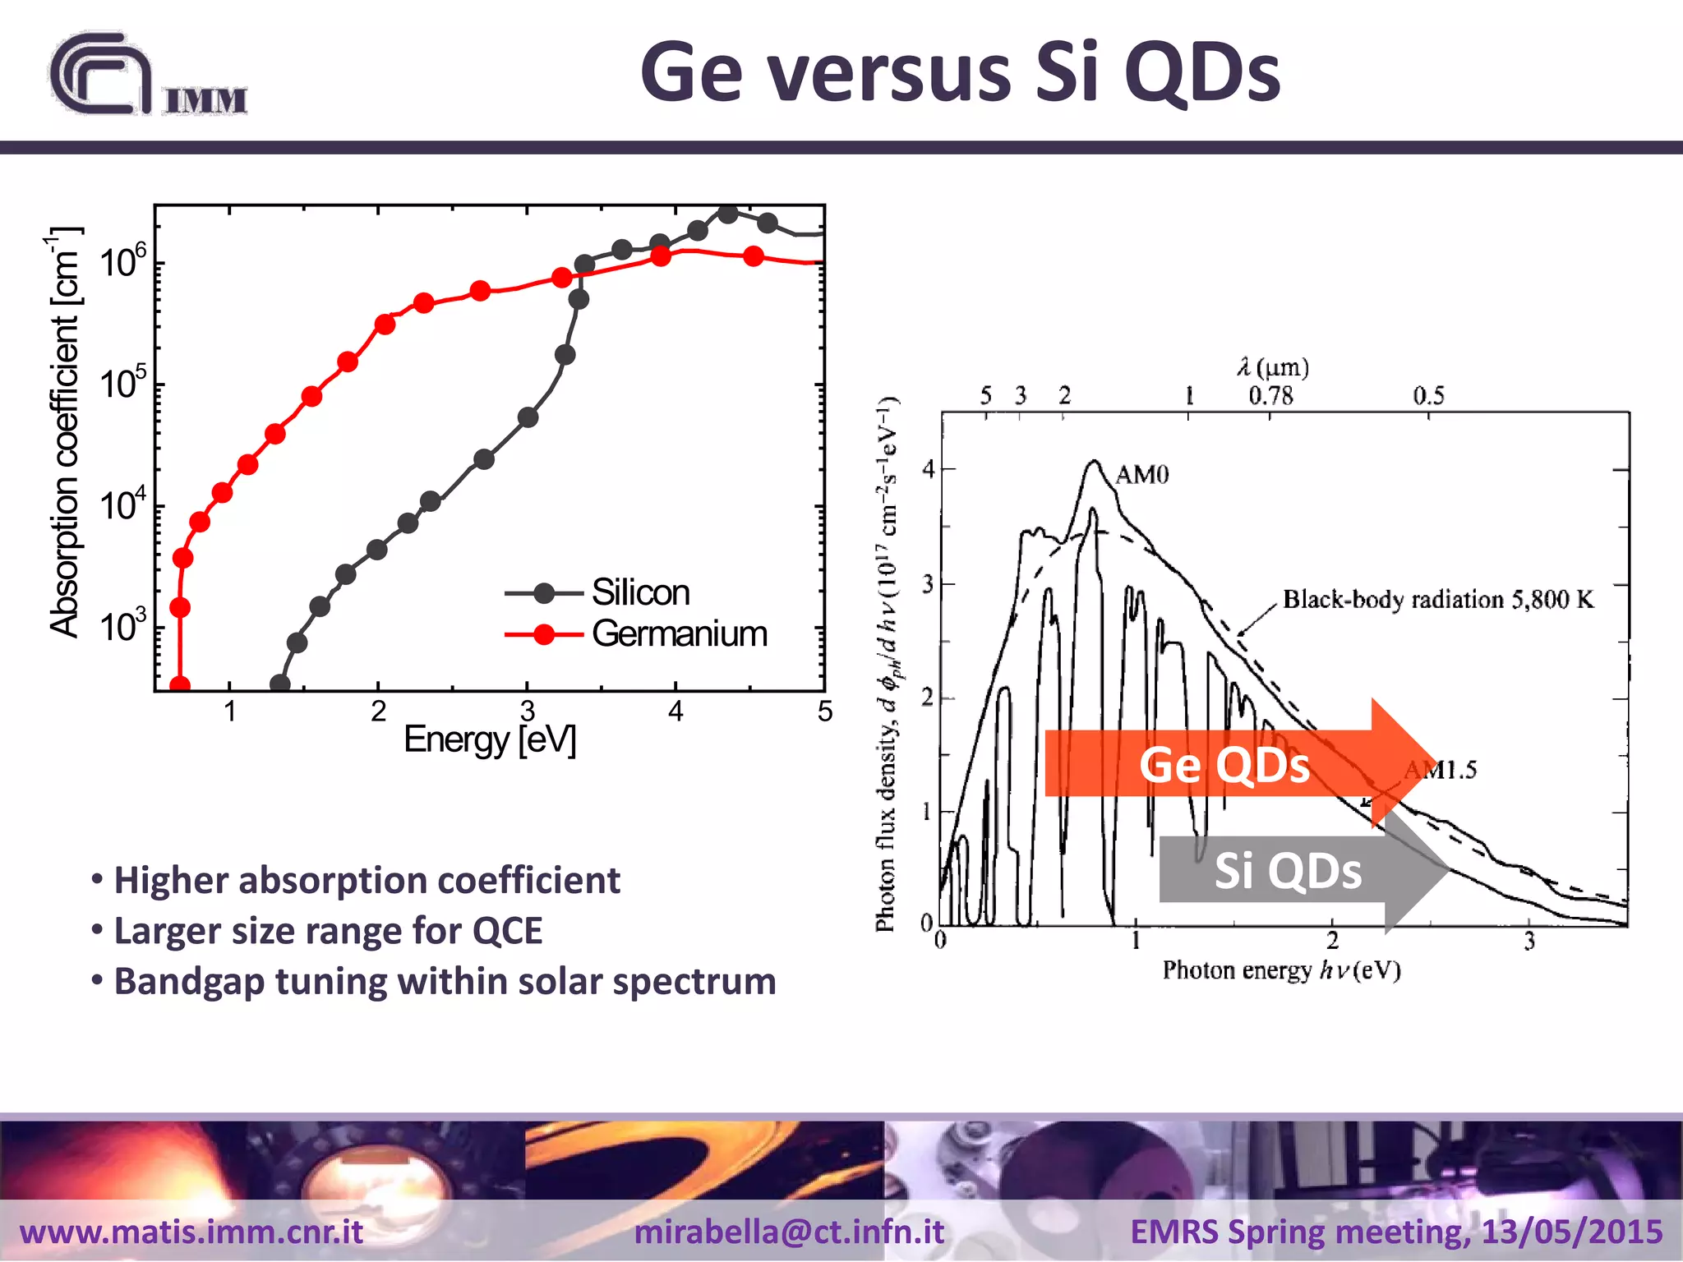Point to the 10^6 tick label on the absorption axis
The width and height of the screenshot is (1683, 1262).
[x=122, y=262]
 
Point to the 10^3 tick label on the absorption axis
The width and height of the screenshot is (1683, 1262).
[x=122, y=627]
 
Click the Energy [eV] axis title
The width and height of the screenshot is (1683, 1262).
[x=490, y=739]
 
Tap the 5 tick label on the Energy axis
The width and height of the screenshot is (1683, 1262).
[x=824, y=711]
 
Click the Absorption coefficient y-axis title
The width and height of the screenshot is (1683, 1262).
[x=64, y=431]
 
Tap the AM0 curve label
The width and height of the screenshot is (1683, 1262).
[x=1141, y=475]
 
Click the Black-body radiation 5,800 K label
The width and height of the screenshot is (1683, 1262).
[x=1438, y=599]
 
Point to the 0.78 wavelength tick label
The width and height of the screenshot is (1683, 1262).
[x=1270, y=396]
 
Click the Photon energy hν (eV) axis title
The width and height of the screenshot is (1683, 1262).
[x=1280, y=970]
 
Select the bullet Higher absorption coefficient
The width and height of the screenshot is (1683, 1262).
[x=367, y=880]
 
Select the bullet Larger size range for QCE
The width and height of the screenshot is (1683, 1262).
[x=328, y=931]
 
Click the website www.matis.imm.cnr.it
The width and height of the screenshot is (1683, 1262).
[x=191, y=1232]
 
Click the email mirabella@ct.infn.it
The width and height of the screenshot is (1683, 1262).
[x=789, y=1232]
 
